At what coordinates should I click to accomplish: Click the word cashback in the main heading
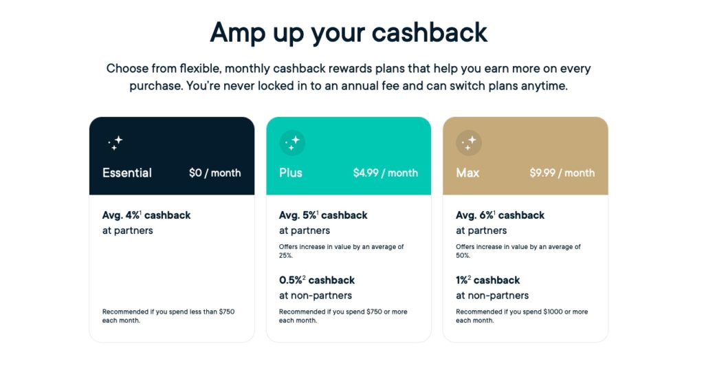click(x=429, y=32)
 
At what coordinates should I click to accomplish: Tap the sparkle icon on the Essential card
click(x=115, y=143)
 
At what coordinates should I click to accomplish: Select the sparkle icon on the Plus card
click(x=292, y=143)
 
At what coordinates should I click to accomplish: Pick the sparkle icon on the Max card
click(x=469, y=143)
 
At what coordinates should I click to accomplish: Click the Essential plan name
click(x=127, y=173)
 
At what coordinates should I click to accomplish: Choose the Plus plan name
click(x=291, y=173)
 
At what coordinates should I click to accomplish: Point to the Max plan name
click(x=467, y=173)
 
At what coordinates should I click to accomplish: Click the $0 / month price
click(x=215, y=173)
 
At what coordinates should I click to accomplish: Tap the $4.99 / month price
click(x=385, y=173)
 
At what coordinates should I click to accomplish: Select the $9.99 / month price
click(x=562, y=173)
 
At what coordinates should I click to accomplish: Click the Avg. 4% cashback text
click(x=146, y=215)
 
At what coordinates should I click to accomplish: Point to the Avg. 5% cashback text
click(x=323, y=215)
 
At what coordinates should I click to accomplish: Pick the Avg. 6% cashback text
click(x=500, y=215)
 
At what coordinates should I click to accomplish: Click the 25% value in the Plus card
click(x=286, y=255)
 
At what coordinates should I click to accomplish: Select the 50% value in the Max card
click(x=463, y=255)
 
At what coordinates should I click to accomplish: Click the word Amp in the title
click(x=237, y=33)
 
